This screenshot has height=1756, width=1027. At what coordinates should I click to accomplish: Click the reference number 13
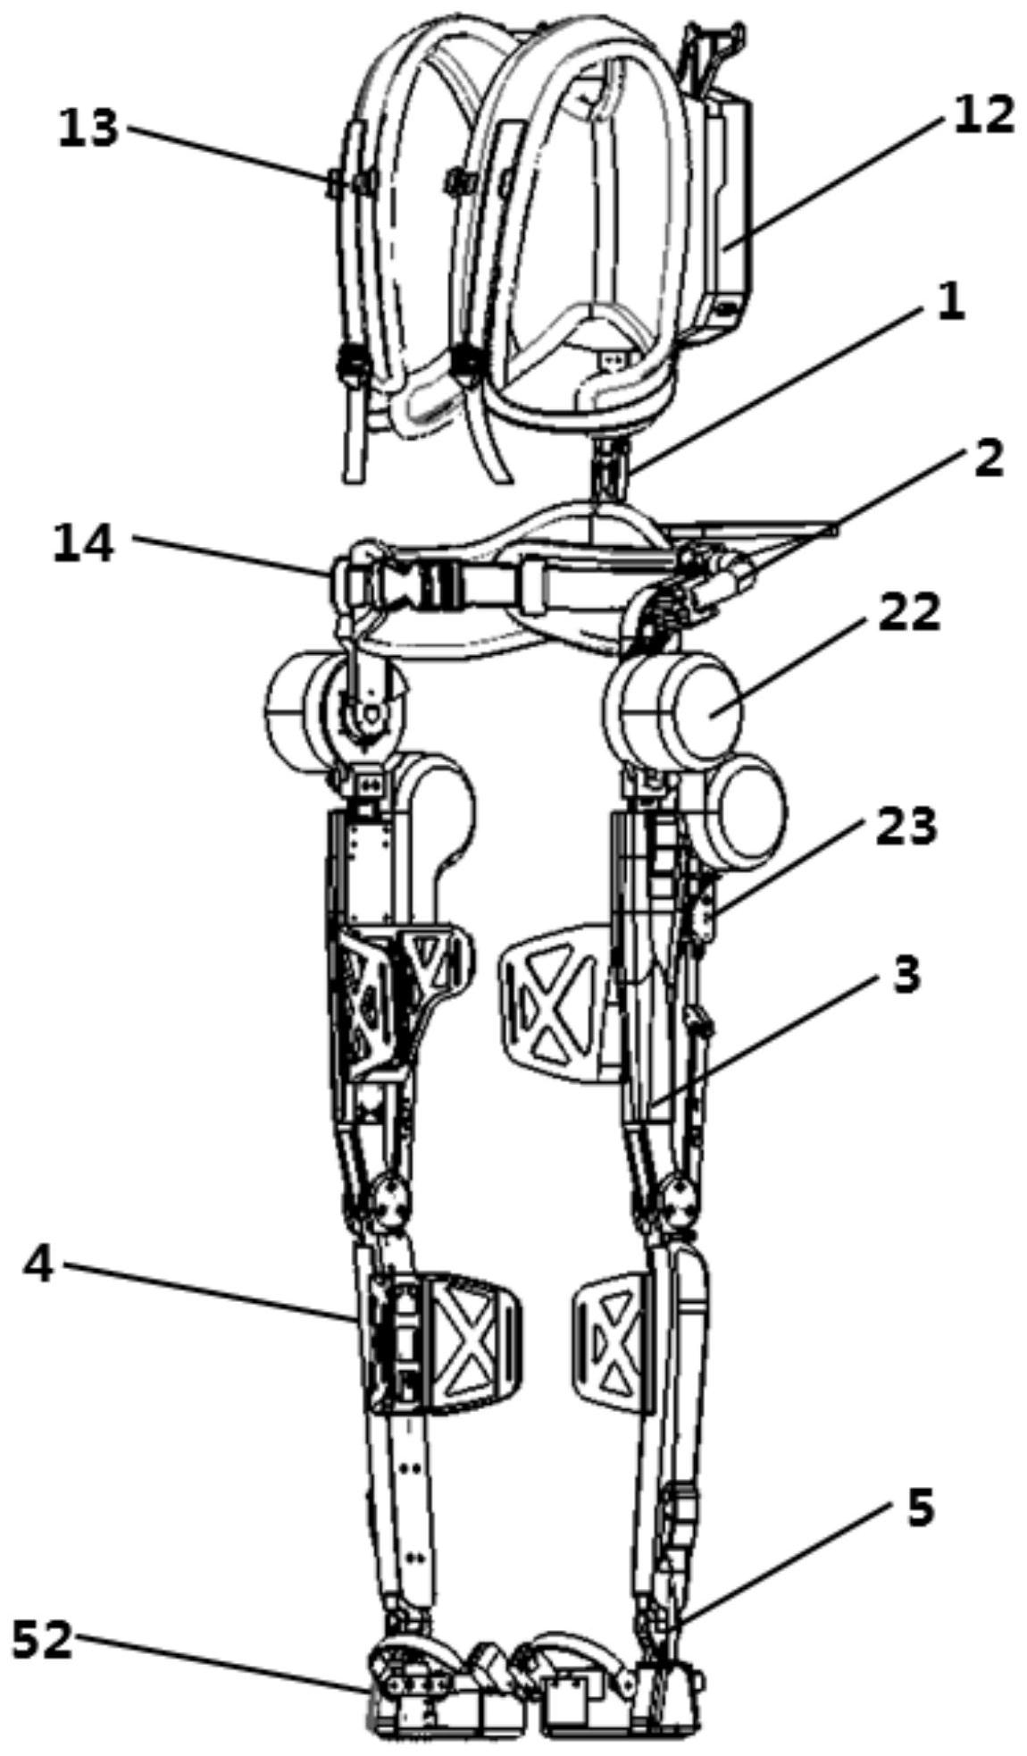tap(88, 128)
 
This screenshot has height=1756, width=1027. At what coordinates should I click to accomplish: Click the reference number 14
tap(83, 543)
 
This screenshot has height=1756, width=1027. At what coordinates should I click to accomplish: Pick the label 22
tap(909, 613)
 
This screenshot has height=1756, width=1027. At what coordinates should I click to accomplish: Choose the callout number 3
tap(905, 974)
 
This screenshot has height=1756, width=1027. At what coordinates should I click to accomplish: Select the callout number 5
tap(920, 1508)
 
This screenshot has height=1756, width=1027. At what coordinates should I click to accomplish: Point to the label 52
tap(41, 1640)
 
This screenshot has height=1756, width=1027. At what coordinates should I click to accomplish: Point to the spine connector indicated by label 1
tap(609, 465)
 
